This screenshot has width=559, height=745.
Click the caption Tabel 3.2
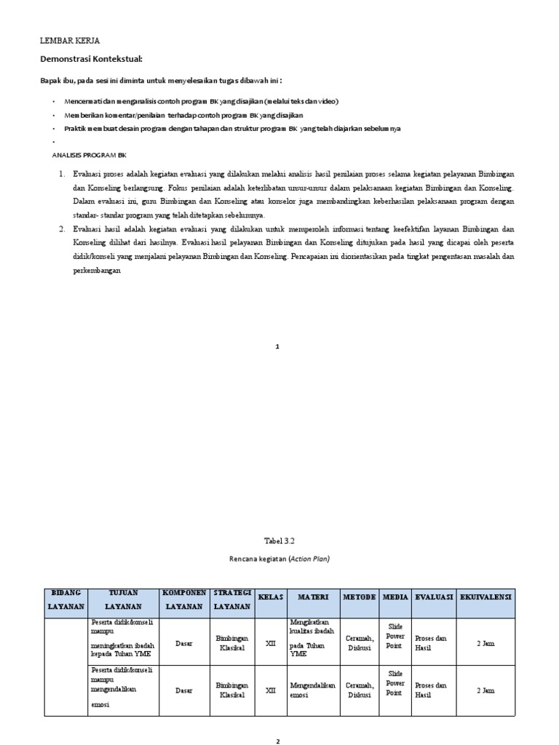point(277,541)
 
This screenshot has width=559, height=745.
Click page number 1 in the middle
point(277,346)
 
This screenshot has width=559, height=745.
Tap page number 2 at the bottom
point(277,741)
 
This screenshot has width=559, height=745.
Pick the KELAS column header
point(270,597)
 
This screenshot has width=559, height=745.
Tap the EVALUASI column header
point(435,597)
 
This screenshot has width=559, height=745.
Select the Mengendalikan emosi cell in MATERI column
point(312,690)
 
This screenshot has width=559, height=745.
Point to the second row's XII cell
point(270,690)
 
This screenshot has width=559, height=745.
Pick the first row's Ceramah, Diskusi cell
point(360,643)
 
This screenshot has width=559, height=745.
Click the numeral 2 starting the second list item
point(63,229)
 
